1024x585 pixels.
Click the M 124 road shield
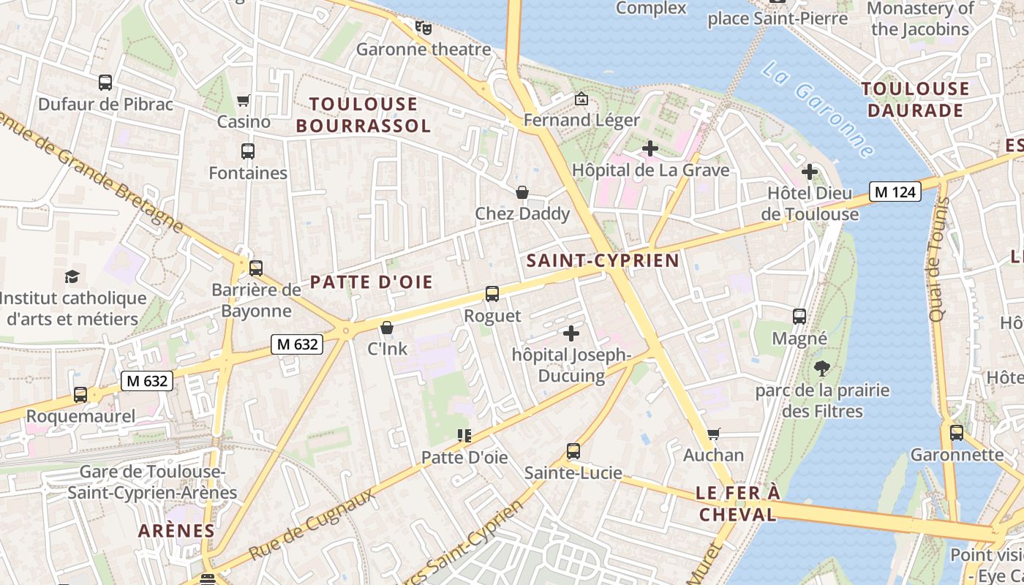click(x=895, y=192)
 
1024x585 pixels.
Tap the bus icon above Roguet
click(x=492, y=294)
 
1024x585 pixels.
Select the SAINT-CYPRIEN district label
click(x=603, y=260)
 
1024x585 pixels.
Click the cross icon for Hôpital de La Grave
click(x=650, y=148)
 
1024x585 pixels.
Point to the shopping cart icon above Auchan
click(x=714, y=434)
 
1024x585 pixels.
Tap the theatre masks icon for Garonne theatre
click(x=423, y=28)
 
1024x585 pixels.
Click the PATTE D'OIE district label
click(x=372, y=282)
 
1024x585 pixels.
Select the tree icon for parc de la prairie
click(x=822, y=368)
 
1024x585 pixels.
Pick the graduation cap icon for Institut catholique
click(x=72, y=276)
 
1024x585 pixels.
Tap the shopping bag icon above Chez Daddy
click(x=522, y=192)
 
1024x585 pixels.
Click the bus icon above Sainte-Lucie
click(x=573, y=451)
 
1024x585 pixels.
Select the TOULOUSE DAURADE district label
click(x=915, y=99)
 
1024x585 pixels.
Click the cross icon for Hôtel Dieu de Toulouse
click(x=809, y=173)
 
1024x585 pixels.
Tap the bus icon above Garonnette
click(x=957, y=433)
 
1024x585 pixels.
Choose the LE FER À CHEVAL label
click(x=737, y=504)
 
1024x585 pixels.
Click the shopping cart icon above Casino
click(x=244, y=100)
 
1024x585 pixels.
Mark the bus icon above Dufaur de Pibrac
click(x=105, y=83)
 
